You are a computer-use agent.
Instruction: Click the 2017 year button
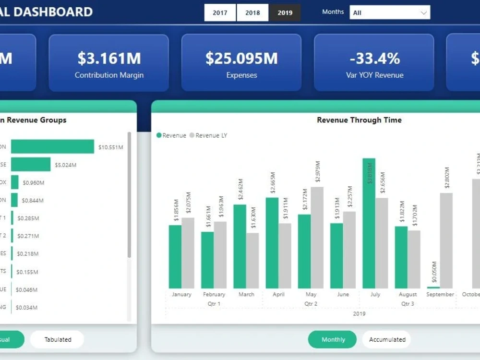(x=220, y=13)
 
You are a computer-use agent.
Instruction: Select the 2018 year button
(x=252, y=13)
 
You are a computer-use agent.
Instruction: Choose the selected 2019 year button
(x=285, y=13)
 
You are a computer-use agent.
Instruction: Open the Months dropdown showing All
(x=390, y=12)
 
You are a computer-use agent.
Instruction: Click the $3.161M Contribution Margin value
(x=109, y=58)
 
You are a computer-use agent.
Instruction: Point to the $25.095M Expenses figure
(x=241, y=58)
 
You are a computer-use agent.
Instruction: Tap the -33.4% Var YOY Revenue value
(x=374, y=58)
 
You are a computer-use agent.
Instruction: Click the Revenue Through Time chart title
(x=359, y=120)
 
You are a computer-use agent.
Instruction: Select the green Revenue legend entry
(x=171, y=135)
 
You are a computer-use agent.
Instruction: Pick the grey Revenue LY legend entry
(x=208, y=135)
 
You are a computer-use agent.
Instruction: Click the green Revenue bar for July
(x=369, y=223)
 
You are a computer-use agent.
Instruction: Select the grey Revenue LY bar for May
(x=317, y=238)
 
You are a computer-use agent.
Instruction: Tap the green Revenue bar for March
(x=240, y=246)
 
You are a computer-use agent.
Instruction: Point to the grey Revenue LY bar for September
(x=446, y=240)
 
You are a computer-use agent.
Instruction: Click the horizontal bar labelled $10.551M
(x=52, y=147)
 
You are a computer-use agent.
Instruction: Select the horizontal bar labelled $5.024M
(x=31, y=165)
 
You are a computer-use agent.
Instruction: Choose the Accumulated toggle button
(x=387, y=339)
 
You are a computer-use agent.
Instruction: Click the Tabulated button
(x=58, y=339)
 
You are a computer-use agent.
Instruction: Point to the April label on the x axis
(x=278, y=294)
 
